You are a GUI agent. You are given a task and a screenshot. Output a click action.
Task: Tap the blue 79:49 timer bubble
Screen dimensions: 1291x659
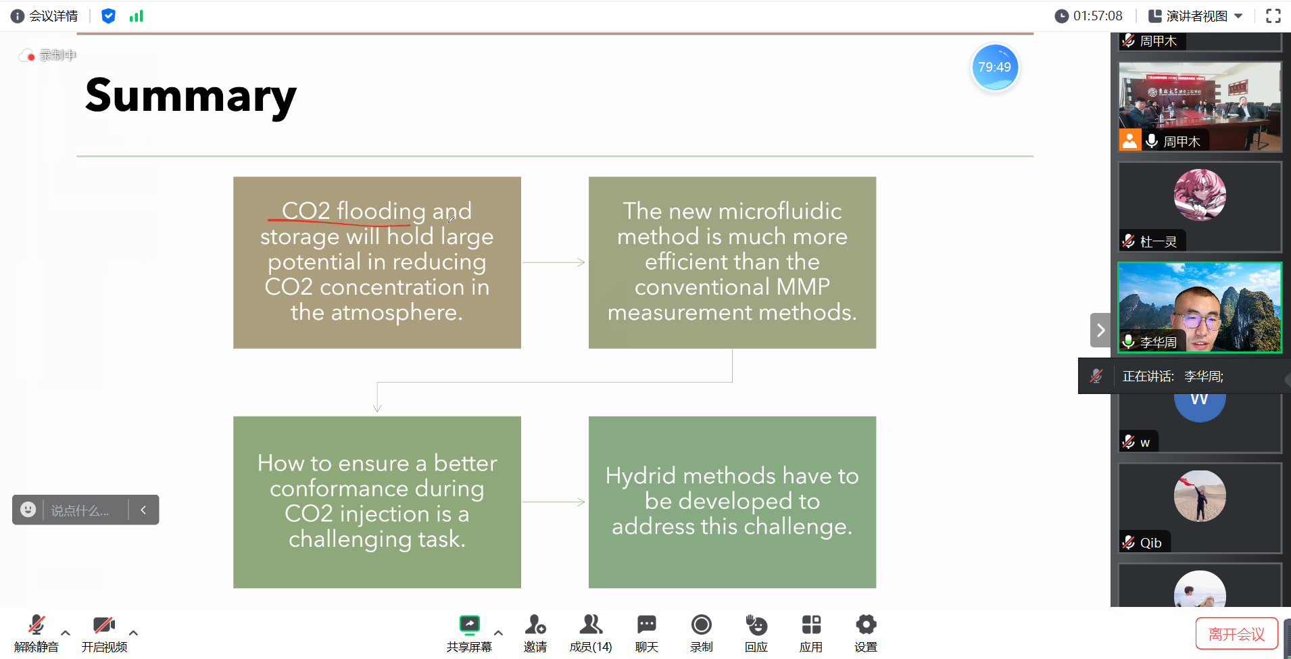995,67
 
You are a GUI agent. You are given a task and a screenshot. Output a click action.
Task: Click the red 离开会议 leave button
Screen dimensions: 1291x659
1236,634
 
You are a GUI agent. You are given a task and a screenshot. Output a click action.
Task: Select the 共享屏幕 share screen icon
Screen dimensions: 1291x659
469,625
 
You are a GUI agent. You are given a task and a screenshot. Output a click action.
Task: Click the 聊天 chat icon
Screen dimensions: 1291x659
647,625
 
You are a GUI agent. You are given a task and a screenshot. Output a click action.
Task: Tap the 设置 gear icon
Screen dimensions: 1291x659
866,625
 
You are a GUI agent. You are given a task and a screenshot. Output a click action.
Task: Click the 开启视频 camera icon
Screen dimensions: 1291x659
104,625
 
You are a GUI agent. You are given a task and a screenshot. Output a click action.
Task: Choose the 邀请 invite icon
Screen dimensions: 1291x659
535,625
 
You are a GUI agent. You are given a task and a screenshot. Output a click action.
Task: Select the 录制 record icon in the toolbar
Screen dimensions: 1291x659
702,625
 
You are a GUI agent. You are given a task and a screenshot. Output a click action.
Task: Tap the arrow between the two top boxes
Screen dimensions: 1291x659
554,262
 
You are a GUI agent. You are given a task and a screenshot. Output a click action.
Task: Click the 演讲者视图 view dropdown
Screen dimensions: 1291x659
1196,16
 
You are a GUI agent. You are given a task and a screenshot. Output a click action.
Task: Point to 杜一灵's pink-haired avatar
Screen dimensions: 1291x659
1200,195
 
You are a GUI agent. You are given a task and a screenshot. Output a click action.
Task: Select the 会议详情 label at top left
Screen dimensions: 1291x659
53,16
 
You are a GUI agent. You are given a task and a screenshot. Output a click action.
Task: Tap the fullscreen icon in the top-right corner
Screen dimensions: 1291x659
1273,16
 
